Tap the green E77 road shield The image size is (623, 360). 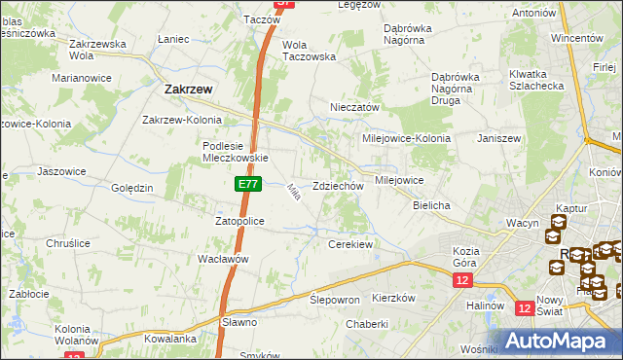pos(247,182)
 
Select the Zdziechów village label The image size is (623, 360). pos(338,186)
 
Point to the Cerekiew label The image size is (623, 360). pos(350,244)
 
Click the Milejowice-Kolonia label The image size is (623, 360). pos(406,138)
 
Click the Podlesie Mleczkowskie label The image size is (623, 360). pos(235,152)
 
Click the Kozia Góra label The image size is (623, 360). pos(467,257)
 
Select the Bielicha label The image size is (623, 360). pos(430,206)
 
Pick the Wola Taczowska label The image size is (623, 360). pos(309,51)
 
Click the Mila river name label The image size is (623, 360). pos(292,194)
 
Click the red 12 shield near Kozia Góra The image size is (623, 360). pos(462,280)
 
